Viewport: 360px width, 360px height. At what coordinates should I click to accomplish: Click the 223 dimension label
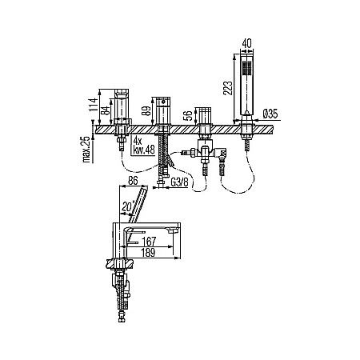(x=228, y=88)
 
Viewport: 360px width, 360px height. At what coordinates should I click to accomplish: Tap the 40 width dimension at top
(x=246, y=43)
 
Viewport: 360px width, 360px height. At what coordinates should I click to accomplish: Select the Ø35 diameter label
(x=270, y=114)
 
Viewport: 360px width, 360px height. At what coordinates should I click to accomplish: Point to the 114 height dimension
(x=93, y=105)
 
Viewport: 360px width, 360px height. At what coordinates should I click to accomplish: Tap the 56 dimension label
(x=188, y=115)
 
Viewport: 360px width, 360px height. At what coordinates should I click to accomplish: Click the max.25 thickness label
(x=86, y=150)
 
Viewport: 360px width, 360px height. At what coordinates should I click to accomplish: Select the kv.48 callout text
(x=144, y=150)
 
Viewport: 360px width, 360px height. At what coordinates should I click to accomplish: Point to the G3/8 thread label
(x=179, y=182)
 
